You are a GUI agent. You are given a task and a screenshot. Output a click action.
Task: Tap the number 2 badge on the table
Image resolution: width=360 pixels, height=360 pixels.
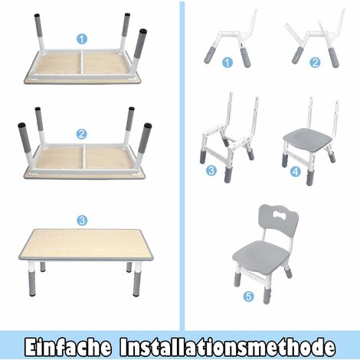[82, 133]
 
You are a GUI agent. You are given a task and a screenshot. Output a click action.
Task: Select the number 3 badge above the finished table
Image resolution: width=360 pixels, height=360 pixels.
[82, 221]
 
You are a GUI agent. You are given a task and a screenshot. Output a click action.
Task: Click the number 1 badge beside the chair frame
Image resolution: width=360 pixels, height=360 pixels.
[227, 63]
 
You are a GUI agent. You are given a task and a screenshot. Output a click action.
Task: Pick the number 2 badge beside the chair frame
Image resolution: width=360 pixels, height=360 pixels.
[313, 63]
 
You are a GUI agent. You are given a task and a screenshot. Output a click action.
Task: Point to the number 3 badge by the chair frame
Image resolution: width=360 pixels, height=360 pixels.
[211, 170]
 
